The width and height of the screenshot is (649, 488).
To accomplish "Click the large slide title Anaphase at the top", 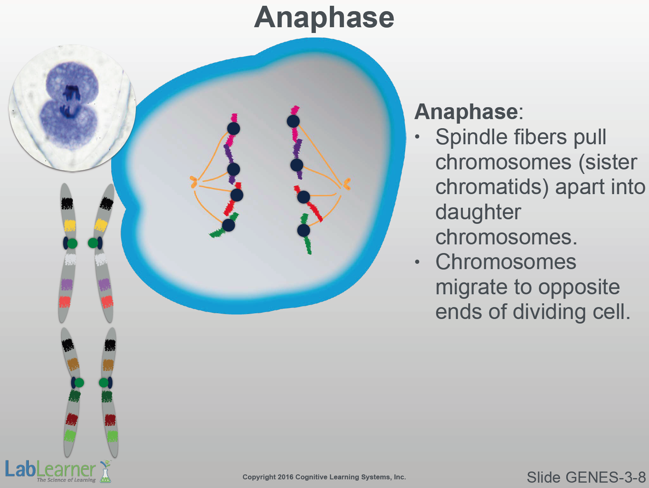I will tap(324, 18).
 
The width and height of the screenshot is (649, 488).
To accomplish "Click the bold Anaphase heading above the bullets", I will tap(466, 112).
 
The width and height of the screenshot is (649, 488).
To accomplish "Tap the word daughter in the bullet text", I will tap(478, 212).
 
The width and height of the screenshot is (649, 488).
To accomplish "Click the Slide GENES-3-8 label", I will tap(586, 477).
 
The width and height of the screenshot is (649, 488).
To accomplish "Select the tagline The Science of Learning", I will tap(66, 480).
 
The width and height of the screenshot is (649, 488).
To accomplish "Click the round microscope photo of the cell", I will tap(72, 108).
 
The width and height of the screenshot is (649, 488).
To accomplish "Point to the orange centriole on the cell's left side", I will tap(194, 182).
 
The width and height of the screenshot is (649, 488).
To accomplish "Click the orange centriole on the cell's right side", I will tap(347, 184).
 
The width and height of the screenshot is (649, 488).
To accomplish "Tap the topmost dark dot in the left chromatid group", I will tap(233, 129).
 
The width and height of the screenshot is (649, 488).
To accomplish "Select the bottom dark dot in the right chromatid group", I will tap(303, 230).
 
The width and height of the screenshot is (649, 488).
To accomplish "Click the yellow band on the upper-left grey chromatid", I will tap(70, 225).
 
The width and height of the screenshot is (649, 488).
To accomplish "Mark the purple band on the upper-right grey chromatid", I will tap(105, 284).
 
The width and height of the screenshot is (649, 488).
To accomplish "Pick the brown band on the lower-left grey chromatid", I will tap(73, 364).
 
